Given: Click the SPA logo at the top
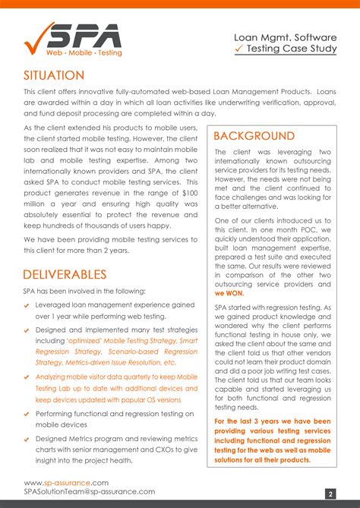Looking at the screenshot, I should [73, 39].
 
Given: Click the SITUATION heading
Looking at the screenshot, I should [54, 75].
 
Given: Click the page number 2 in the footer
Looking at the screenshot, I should [331, 494].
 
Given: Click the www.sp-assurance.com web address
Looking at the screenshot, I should [66, 482].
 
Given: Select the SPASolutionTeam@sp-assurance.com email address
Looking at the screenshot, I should [89, 493].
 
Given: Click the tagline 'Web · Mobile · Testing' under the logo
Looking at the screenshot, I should [83, 53].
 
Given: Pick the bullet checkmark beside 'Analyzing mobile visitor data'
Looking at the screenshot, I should [27, 377].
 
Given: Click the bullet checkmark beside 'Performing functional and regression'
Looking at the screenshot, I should [27, 414].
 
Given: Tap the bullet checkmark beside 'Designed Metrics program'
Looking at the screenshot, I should [27, 440].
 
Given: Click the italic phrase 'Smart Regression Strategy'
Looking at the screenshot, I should [137, 346].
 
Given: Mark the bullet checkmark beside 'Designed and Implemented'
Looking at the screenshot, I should [27, 330].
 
